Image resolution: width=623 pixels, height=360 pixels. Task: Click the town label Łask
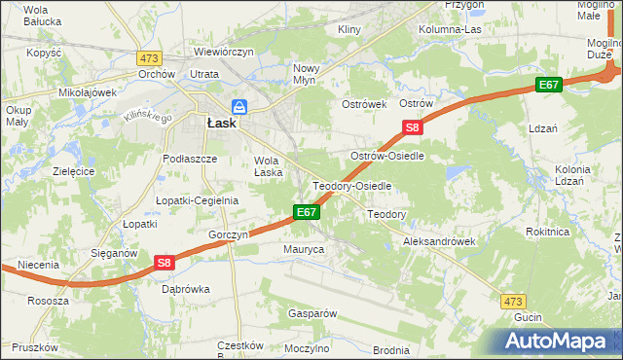222,123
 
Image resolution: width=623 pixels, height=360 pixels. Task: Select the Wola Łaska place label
268,166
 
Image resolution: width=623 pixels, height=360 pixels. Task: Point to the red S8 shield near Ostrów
413,127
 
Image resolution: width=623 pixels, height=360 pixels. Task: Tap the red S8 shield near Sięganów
164,262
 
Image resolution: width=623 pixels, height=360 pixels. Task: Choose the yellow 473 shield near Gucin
514,303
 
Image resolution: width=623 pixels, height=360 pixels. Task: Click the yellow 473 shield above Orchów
149,58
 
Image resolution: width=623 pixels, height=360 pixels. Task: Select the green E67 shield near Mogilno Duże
549,86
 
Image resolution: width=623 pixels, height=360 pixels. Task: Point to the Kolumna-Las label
450,29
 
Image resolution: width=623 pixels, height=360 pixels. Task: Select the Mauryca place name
304,250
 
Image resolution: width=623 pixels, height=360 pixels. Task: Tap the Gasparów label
311,313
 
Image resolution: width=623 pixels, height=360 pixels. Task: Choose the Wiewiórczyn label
224,51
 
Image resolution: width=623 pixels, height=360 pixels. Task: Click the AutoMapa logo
555,341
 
